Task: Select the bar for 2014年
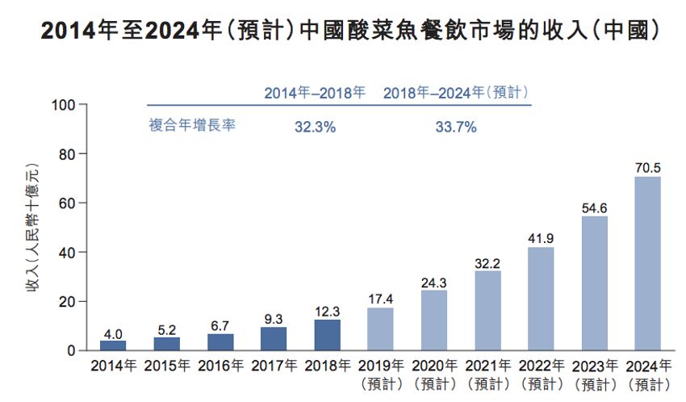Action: [113, 345]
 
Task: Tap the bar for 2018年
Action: [327, 335]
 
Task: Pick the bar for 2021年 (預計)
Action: [487, 310]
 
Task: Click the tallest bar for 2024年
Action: [647, 263]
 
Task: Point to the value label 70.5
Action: [647, 168]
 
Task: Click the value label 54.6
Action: [594, 207]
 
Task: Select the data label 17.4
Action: [380, 299]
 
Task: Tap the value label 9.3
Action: [274, 319]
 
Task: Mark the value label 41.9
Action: [541, 238]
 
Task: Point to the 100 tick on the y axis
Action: [62, 105]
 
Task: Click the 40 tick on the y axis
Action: [65, 253]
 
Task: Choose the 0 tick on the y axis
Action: [70, 351]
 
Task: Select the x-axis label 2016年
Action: [220, 366]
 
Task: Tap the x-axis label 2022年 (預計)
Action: [541, 373]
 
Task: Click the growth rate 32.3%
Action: [315, 127]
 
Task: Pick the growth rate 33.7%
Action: [456, 127]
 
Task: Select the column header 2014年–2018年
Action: [315, 93]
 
